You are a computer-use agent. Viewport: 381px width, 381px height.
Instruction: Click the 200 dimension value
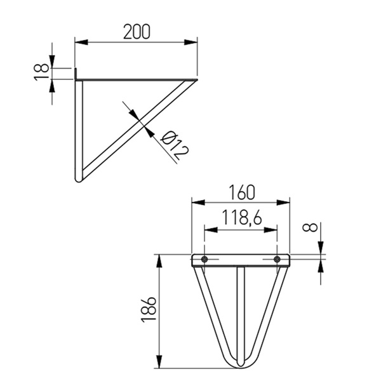[x=137, y=32]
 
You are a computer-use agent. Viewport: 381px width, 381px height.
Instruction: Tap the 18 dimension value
[x=41, y=72]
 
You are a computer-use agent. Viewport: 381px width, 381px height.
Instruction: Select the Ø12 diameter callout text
[x=175, y=145]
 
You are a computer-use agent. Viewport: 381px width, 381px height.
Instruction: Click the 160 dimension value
[x=242, y=192]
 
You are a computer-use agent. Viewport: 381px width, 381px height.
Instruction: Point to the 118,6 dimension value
[x=242, y=217]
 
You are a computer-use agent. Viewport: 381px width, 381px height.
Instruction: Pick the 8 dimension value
[x=310, y=227]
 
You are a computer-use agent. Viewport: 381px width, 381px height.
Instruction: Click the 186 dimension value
[x=148, y=310]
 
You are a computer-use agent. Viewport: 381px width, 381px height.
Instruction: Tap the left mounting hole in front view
[x=204, y=259]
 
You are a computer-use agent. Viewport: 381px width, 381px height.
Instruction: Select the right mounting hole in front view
[x=277, y=259]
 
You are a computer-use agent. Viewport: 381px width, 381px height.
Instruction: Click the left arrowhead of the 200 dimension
[x=81, y=43]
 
